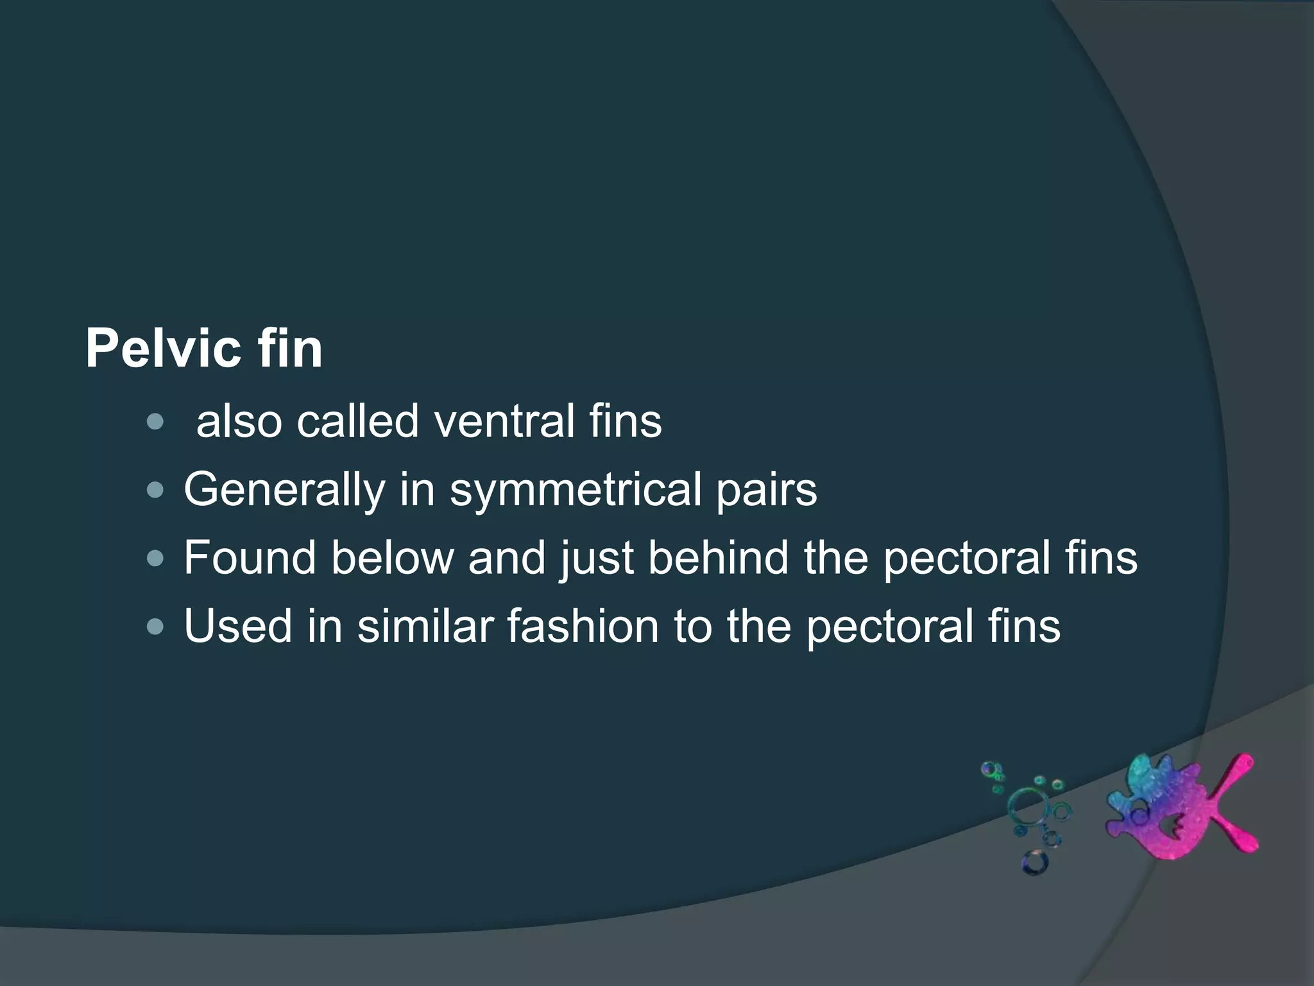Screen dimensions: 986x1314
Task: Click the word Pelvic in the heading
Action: pyautogui.click(x=161, y=349)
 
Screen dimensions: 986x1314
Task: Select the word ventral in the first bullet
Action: pyautogui.click(x=504, y=422)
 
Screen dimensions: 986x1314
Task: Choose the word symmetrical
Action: pyautogui.click(x=575, y=490)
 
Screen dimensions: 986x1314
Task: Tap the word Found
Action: pyautogui.click(x=250, y=558)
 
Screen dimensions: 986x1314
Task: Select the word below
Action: pyautogui.click(x=392, y=558)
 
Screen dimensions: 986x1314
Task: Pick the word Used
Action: pyautogui.click(x=238, y=626)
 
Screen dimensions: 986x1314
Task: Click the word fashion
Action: pyautogui.click(x=583, y=626)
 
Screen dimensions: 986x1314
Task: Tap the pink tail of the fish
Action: pyautogui.click(x=1232, y=809)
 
